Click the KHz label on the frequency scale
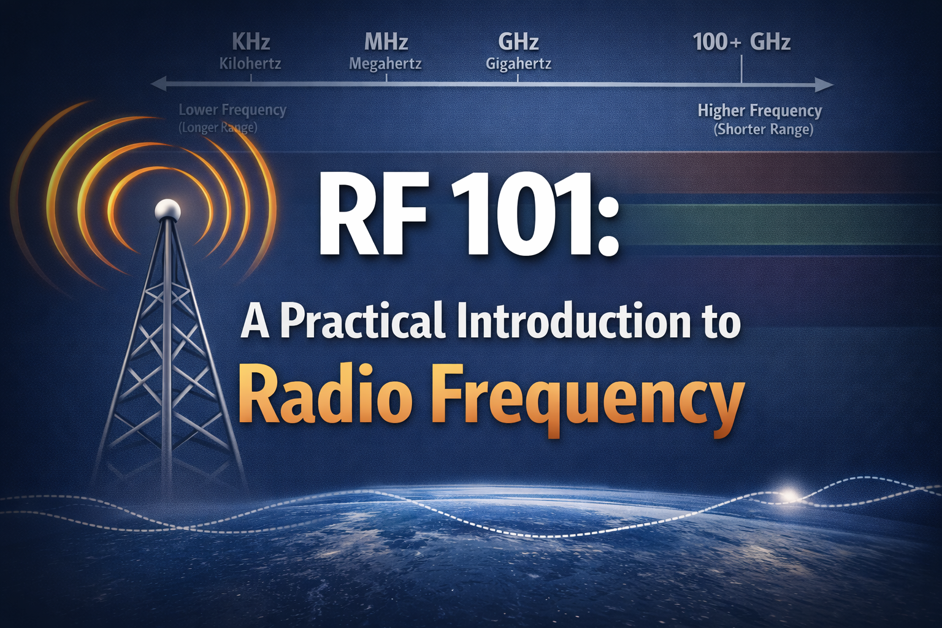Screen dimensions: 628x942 [x=251, y=42]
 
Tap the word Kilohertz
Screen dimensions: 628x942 [x=250, y=63]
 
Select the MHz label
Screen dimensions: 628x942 [x=386, y=42]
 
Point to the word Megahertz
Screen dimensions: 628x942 [x=385, y=63]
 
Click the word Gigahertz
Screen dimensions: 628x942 [x=518, y=63]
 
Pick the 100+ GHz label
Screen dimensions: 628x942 [x=741, y=42]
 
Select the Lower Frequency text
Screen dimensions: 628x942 [x=232, y=110]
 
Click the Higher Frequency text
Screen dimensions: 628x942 [x=759, y=110]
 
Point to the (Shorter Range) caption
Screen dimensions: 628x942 [x=763, y=129]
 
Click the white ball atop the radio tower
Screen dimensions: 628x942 [x=167, y=210]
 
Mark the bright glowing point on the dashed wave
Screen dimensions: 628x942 [x=789, y=494]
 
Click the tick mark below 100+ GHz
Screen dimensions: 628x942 [x=741, y=69]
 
